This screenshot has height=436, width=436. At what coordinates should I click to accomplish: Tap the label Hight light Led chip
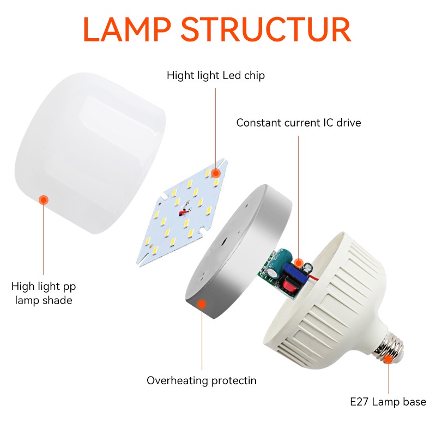[216, 75]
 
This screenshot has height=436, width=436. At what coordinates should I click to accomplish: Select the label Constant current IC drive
[299, 123]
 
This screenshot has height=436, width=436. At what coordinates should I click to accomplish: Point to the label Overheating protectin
[202, 380]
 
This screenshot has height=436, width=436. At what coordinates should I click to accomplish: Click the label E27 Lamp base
[388, 402]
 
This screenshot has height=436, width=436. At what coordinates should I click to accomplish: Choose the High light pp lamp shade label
[44, 293]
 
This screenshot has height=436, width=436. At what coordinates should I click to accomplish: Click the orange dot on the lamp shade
[44, 199]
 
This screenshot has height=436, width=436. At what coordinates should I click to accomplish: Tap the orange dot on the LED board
[216, 173]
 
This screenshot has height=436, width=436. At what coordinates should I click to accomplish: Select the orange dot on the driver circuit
[299, 263]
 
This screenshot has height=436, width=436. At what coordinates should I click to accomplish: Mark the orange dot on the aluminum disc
[202, 305]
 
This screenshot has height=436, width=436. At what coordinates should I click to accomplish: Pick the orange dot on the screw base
[388, 358]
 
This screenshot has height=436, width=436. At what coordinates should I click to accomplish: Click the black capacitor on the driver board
[308, 267]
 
